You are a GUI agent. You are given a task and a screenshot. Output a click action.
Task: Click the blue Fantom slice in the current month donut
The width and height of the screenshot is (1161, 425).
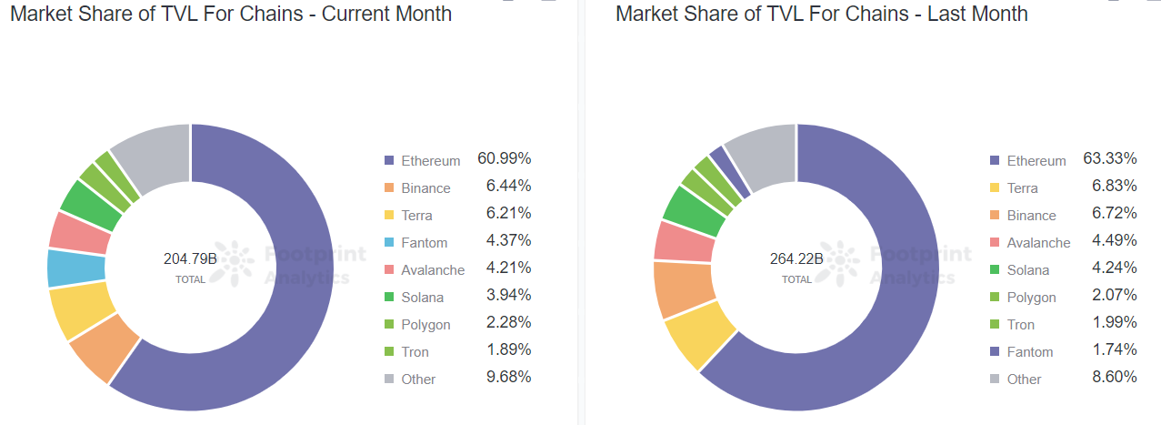coord(76,268)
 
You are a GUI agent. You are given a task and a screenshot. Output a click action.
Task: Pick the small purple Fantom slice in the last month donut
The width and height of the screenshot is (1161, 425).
coord(728,171)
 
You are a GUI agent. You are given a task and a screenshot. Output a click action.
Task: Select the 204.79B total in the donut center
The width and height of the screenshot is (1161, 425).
coord(190,258)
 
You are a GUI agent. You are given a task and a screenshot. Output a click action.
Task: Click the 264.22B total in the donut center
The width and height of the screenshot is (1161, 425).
coord(796,258)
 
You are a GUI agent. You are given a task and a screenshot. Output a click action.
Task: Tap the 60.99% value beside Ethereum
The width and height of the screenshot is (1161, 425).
coord(505,158)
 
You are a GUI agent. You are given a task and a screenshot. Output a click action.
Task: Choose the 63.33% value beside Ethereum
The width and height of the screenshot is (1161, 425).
coord(1110,158)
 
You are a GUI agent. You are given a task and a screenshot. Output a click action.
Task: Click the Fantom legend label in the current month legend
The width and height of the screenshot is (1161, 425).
coord(424,243)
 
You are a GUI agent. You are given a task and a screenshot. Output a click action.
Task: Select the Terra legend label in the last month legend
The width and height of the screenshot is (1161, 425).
coord(1022,187)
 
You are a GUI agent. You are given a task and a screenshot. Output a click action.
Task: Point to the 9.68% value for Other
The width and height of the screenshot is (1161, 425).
coord(508,377)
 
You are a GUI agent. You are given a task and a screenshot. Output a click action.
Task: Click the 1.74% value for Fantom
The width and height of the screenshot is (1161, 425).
coord(1115,349)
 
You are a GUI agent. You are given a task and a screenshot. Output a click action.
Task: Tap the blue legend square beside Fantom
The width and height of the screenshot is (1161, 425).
coord(389,242)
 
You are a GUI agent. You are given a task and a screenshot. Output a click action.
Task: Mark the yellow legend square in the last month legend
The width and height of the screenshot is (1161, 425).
coord(995,187)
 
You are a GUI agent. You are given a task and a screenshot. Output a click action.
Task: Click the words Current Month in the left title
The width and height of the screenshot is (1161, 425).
coord(386,14)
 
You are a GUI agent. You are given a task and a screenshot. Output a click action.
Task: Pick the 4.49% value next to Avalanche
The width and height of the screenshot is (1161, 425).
coord(1115,240)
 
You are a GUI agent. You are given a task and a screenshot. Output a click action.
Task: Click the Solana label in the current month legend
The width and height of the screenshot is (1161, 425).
coord(423,298)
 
